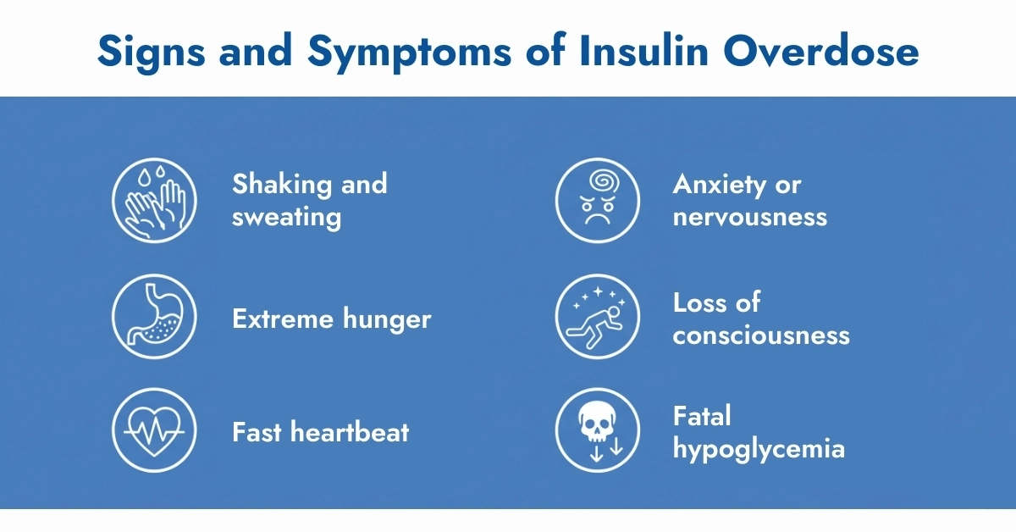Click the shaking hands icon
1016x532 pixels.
click(x=154, y=201)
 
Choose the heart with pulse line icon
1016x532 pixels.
click(x=154, y=430)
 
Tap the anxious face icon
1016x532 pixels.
click(x=597, y=201)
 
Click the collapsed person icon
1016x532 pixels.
click(x=597, y=319)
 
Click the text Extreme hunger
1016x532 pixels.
click(x=331, y=319)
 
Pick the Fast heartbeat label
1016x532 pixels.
click(x=320, y=432)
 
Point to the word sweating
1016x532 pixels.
click(x=286, y=217)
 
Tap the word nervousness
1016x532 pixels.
click(x=749, y=217)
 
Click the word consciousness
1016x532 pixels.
click(x=761, y=335)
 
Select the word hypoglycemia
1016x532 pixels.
click(x=759, y=448)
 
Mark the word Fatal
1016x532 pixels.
click(x=701, y=416)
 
